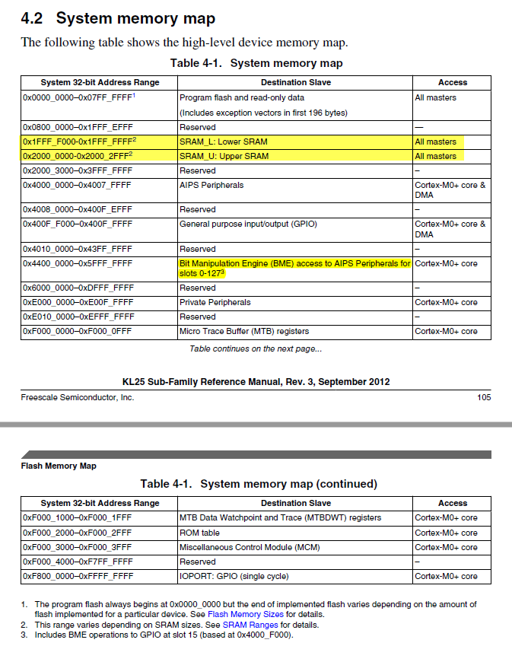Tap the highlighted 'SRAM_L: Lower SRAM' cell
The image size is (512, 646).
click(223, 142)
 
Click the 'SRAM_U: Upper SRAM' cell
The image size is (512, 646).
click(224, 156)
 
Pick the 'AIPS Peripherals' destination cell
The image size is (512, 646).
click(211, 185)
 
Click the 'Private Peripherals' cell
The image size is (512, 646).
click(215, 302)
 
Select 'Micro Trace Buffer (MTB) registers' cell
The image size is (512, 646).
click(246, 331)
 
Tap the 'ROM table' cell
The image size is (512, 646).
click(199, 533)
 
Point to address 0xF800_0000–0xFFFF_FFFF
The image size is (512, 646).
click(78, 576)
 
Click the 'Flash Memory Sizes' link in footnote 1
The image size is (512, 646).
click(246, 614)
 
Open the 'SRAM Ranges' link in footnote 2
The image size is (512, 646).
click(250, 625)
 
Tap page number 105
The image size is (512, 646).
click(484, 397)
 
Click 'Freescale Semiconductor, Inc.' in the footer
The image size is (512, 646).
click(78, 397)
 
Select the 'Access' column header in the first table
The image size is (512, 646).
click(452, 82)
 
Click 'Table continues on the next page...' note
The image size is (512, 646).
click(256, 348)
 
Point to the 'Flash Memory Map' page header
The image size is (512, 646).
click(59, 466)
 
